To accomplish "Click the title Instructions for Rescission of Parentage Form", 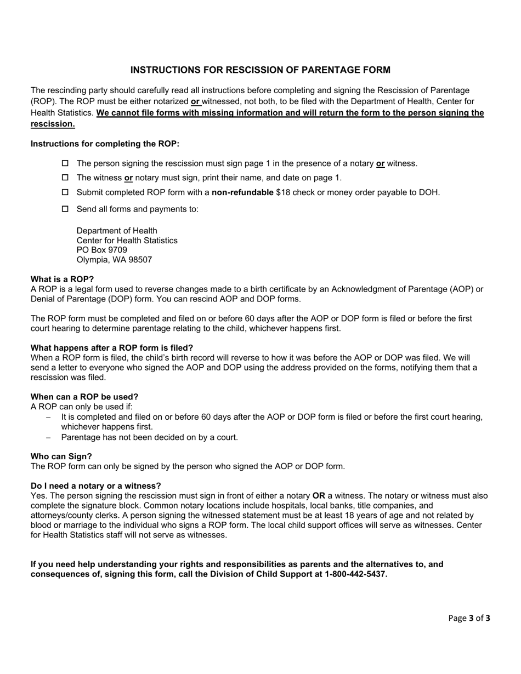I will pyautogui.click(x=260, y=70).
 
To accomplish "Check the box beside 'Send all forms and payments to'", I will pyautogui.click(x=65, y=209).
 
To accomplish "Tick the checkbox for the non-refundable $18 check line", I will pyautogui.click(x=65, y=192).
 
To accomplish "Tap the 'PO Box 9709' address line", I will pyautogui.click(x=102, y=250).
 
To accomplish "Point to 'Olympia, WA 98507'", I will pyautogui.click(x=114, y=260).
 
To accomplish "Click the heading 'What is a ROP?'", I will pyautogui.click(x=62, y=279).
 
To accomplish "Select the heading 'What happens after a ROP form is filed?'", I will pyautogui.click(x=112, y=348).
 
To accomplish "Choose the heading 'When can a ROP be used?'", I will pyautogui.click(x=84, y=397).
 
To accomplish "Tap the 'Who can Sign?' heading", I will pyautogui.click(x=61, y=456).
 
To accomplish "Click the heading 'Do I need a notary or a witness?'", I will pyautogui.click(x=96, y=486).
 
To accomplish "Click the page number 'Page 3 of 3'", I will pyautogui.click(x=469, y=618).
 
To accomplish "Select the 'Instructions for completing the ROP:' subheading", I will pyautogui.click(x=105, y=144).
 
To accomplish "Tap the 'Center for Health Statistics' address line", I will pyautogui.click(x=127, y=241).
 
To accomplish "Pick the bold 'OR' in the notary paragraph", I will pyautogui.click(x=319, y=496).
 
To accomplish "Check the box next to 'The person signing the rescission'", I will pyautogui.click(x=65, y=163).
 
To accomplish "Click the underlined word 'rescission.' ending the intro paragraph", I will pyautogui.click(x=53, y=124).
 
